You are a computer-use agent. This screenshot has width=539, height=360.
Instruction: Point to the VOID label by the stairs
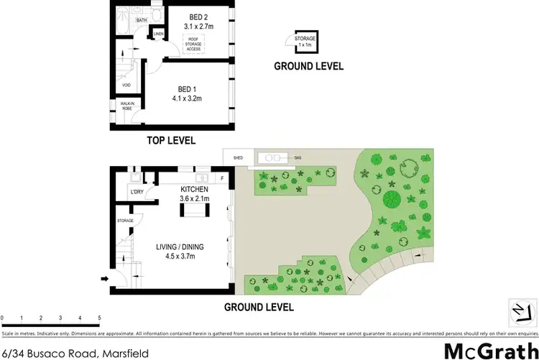click(126, 88)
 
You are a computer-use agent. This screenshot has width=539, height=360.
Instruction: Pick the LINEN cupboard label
click(159, 34)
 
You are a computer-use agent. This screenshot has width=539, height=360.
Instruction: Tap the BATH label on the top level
click(142, 20)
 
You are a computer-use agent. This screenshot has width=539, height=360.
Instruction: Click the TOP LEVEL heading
click(171, 140)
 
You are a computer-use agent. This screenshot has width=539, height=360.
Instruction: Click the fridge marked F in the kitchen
click(223, 177)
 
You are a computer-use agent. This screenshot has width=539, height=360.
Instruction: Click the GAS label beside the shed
click(298, 157)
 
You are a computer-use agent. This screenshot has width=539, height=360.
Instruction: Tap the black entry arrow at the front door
click(105, 280)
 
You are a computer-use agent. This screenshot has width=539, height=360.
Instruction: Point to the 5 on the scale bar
click(99, 317)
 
